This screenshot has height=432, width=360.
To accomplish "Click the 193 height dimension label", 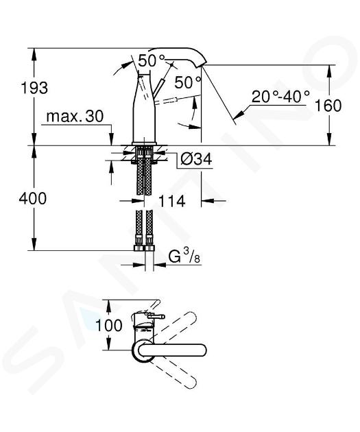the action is click(x=34, y=88).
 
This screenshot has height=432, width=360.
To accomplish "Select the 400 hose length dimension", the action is click(x=33, y=198).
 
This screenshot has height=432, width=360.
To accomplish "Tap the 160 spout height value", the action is click(x=328, y=106).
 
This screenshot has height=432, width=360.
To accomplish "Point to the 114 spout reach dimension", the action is click(x=172, y=201).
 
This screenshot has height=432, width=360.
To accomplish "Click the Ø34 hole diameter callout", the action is click(x=196, y=159).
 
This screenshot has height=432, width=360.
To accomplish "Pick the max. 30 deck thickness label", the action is click(x=75, y=117).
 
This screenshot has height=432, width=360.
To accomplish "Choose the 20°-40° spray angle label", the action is click(x=280, y=97).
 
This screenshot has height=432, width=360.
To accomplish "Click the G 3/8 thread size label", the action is click(x=184, y=258).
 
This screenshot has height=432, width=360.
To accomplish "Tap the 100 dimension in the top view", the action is click(x=109, y=325).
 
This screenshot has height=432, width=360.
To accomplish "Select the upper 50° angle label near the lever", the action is click(x=152, y=60).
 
